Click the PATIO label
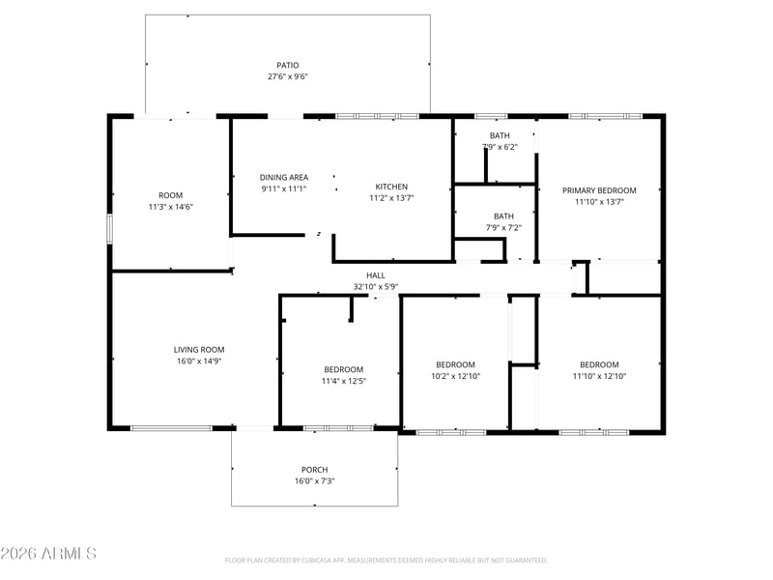(287, 65)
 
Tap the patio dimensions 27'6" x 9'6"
(288, 76)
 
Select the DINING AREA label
(284, 177)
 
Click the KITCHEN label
(391, 187)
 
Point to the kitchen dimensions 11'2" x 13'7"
(391, 198)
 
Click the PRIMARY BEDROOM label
(599, 190)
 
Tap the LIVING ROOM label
(199, 350)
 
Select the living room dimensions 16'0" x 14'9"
(199, 361)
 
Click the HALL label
(376, 275)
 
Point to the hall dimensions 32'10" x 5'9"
(376, 286)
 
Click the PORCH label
(315, 470)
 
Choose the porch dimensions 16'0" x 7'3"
(315, 480)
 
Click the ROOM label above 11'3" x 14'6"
(171, 195)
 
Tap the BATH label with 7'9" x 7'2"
(503, 217)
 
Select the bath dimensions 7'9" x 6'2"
(500, 147)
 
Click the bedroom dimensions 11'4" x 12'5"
(344, 381)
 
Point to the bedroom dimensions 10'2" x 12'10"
(455, 376)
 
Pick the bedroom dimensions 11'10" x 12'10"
(599, 376)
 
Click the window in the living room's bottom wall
(172, 428)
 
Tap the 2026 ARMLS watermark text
(48, 553)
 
